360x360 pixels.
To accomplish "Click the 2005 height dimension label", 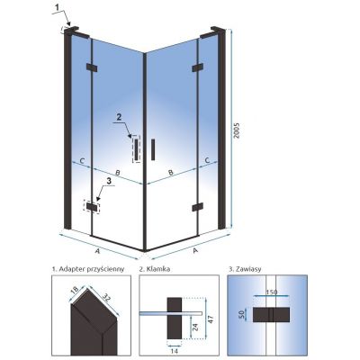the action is point(237,130).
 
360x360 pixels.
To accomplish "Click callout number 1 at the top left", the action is point(56,8).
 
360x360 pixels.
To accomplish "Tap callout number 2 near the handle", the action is point(119,118).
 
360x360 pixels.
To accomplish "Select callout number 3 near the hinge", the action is point(109,181).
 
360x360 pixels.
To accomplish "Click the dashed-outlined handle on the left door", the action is point(136,148).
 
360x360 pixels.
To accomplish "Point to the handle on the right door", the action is point(153,149).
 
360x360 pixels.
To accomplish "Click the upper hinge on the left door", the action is point(92,67).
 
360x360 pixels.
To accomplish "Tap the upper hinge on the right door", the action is point(197,67).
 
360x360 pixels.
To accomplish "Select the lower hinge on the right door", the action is point(197,207).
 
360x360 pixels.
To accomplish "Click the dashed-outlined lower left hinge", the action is point(92,207).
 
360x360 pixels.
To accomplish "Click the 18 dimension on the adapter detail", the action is point(75,290).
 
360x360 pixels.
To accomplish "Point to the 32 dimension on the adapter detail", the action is point(106,296).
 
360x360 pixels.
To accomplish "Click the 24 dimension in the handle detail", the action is point(194,327).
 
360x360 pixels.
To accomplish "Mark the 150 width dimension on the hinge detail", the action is point(272,292).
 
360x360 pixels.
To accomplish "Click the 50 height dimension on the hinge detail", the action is point(241,314).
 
